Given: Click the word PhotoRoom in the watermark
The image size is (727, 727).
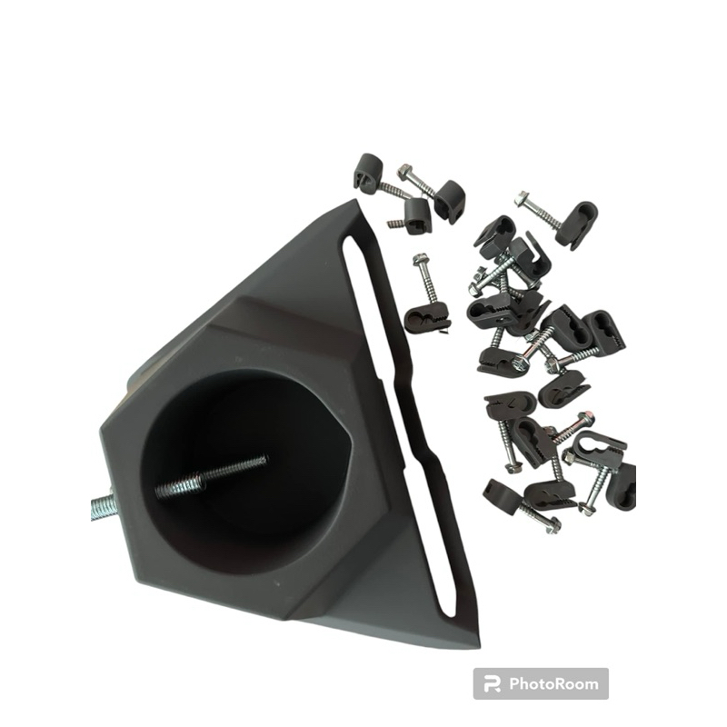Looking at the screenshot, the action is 553,683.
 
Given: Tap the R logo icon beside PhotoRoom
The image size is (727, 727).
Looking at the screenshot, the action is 492,684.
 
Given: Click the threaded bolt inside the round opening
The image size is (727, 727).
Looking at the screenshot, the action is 211,476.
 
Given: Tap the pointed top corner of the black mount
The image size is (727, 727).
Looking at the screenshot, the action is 357,202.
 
